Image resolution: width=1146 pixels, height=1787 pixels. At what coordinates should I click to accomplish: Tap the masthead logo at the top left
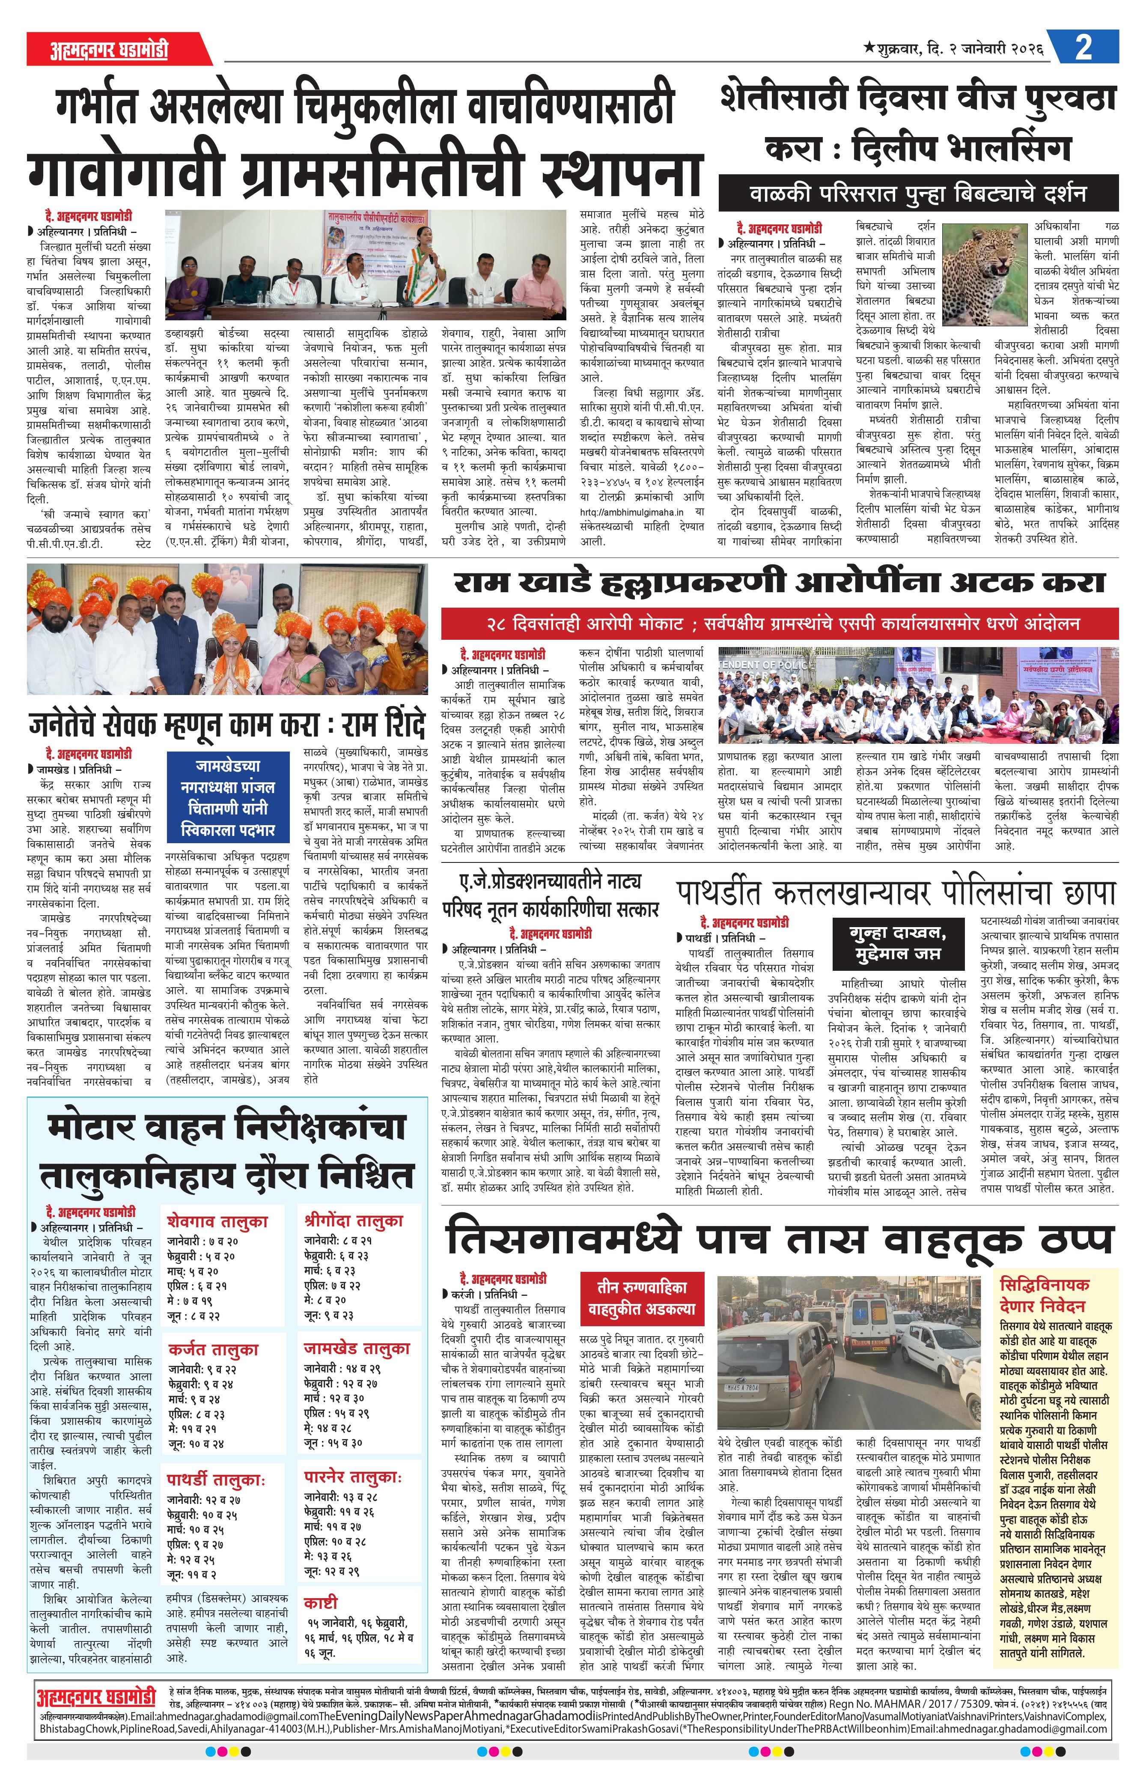(108, 50)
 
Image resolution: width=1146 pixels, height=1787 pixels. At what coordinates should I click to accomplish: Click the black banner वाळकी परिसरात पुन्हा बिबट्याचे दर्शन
(917, 194)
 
